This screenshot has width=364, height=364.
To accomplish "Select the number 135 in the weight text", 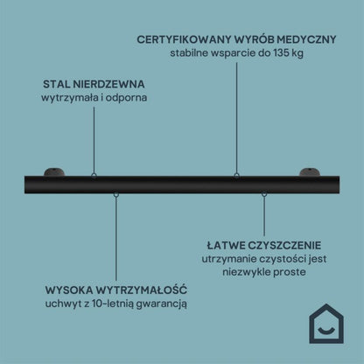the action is pos(280,53).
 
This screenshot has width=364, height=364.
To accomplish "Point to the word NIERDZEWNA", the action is pos(108,84).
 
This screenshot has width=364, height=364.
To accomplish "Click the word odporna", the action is pos(126,98).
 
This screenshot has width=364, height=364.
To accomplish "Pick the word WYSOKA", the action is pos(69,290).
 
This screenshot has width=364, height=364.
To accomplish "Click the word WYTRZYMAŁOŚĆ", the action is pos(141,290).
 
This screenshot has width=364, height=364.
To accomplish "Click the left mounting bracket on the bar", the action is pos(54,172).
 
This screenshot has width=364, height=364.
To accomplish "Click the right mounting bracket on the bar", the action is pos(310,172).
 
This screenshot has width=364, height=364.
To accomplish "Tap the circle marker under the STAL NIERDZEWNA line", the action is pos(94,176).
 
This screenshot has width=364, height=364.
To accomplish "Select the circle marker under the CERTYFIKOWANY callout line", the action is pos(236,176).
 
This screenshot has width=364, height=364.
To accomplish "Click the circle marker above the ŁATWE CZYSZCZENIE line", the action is pos(264,193).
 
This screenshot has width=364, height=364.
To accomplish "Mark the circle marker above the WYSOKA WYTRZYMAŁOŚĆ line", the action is pos(116,194).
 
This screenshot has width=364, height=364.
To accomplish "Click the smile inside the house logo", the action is pos(326,330).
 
